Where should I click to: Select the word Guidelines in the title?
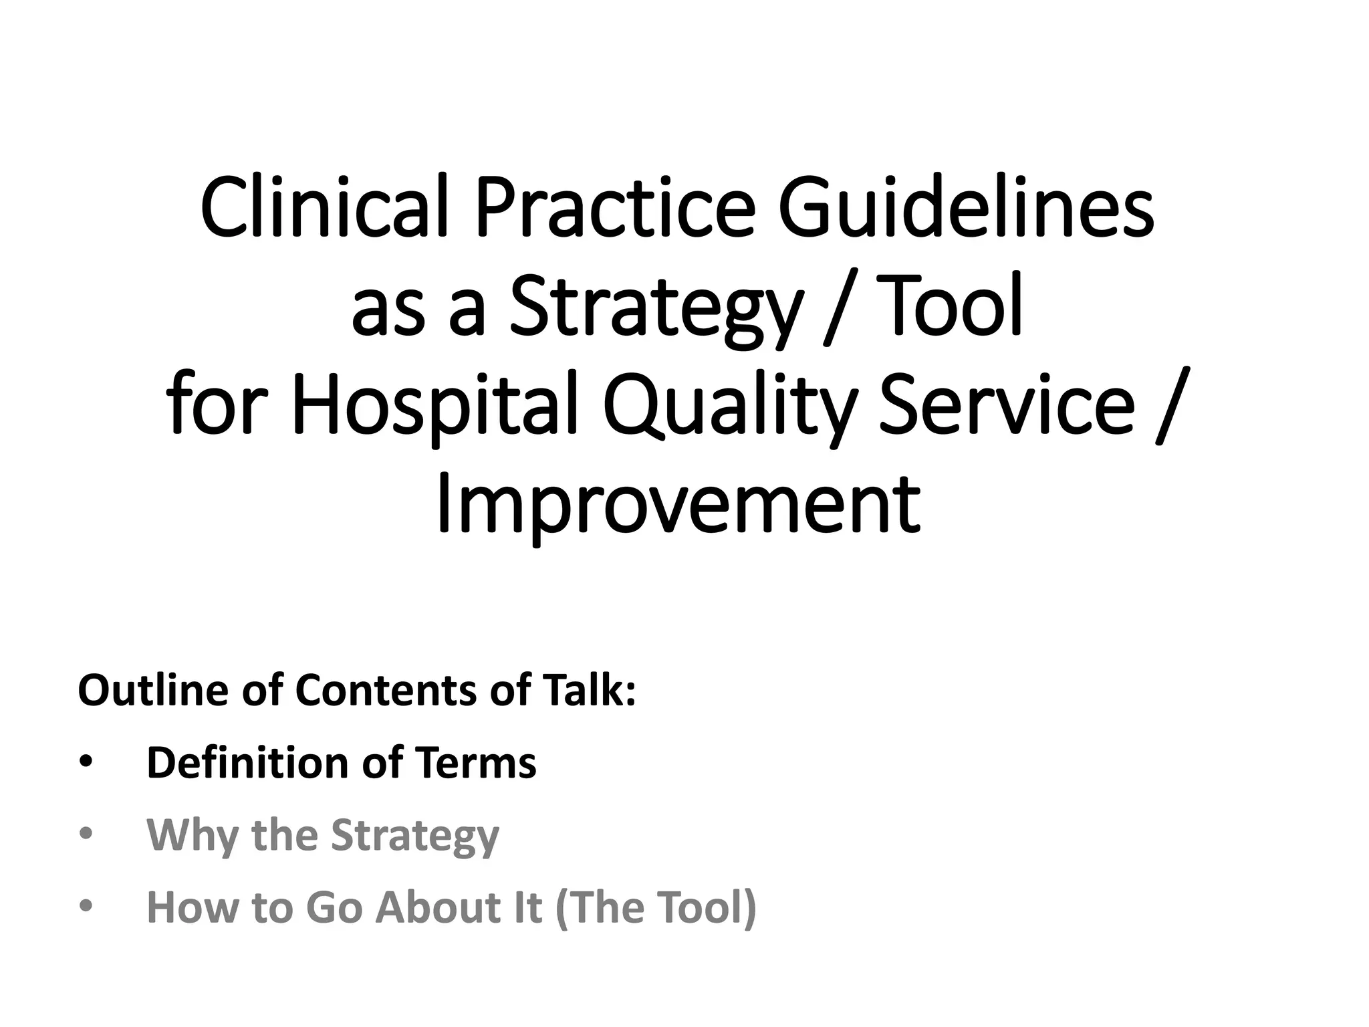coord(966,208)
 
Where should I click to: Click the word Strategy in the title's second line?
coord(655,308)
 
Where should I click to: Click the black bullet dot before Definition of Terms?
coord(86,763)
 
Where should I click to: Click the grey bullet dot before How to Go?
coord(86,907)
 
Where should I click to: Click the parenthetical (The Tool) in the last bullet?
coord(655,907)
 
